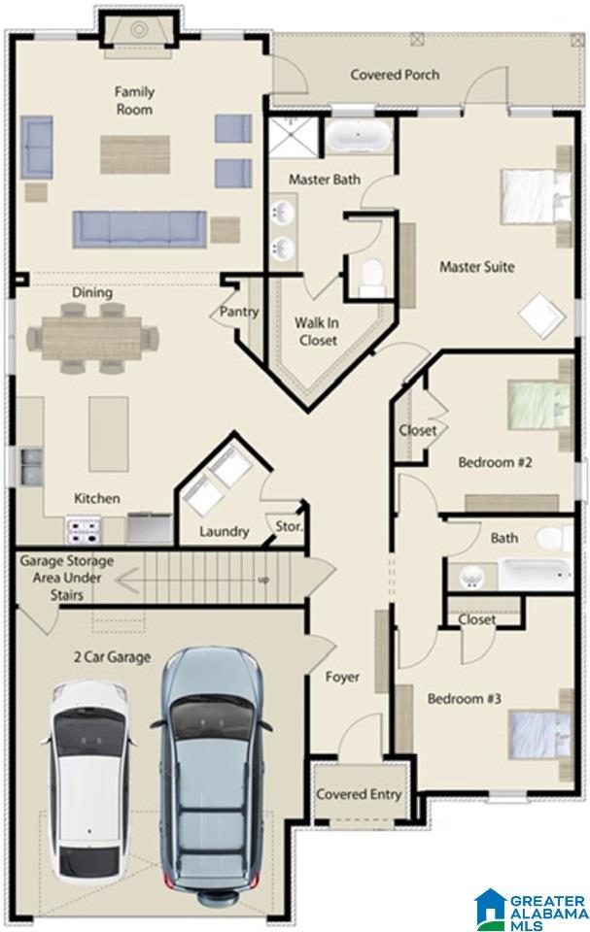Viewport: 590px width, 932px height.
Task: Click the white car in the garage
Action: point(88,782)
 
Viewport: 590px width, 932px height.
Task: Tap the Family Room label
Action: point(134,100)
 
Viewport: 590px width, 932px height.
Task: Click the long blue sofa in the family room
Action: point(140,229)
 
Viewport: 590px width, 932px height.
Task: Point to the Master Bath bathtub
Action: point(359,136)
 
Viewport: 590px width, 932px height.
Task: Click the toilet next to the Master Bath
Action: point(371,277)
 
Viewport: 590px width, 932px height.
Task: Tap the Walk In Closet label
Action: point(317,332)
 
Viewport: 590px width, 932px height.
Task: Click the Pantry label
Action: point(239,312)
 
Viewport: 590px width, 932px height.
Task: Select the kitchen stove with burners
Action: point(84,531)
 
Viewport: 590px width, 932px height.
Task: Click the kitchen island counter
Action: point(108,434)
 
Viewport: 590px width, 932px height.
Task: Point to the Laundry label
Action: point(224,531)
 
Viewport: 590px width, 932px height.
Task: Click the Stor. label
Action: point(289,526)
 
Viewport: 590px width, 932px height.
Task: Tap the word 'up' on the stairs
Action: point(262,580)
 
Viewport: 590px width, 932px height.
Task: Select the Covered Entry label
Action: point(359,794)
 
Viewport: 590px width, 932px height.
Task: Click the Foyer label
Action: point(342,677)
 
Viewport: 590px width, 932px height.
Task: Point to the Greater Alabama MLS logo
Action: point(532,910)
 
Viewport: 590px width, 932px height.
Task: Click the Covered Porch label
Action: point(395,75)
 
